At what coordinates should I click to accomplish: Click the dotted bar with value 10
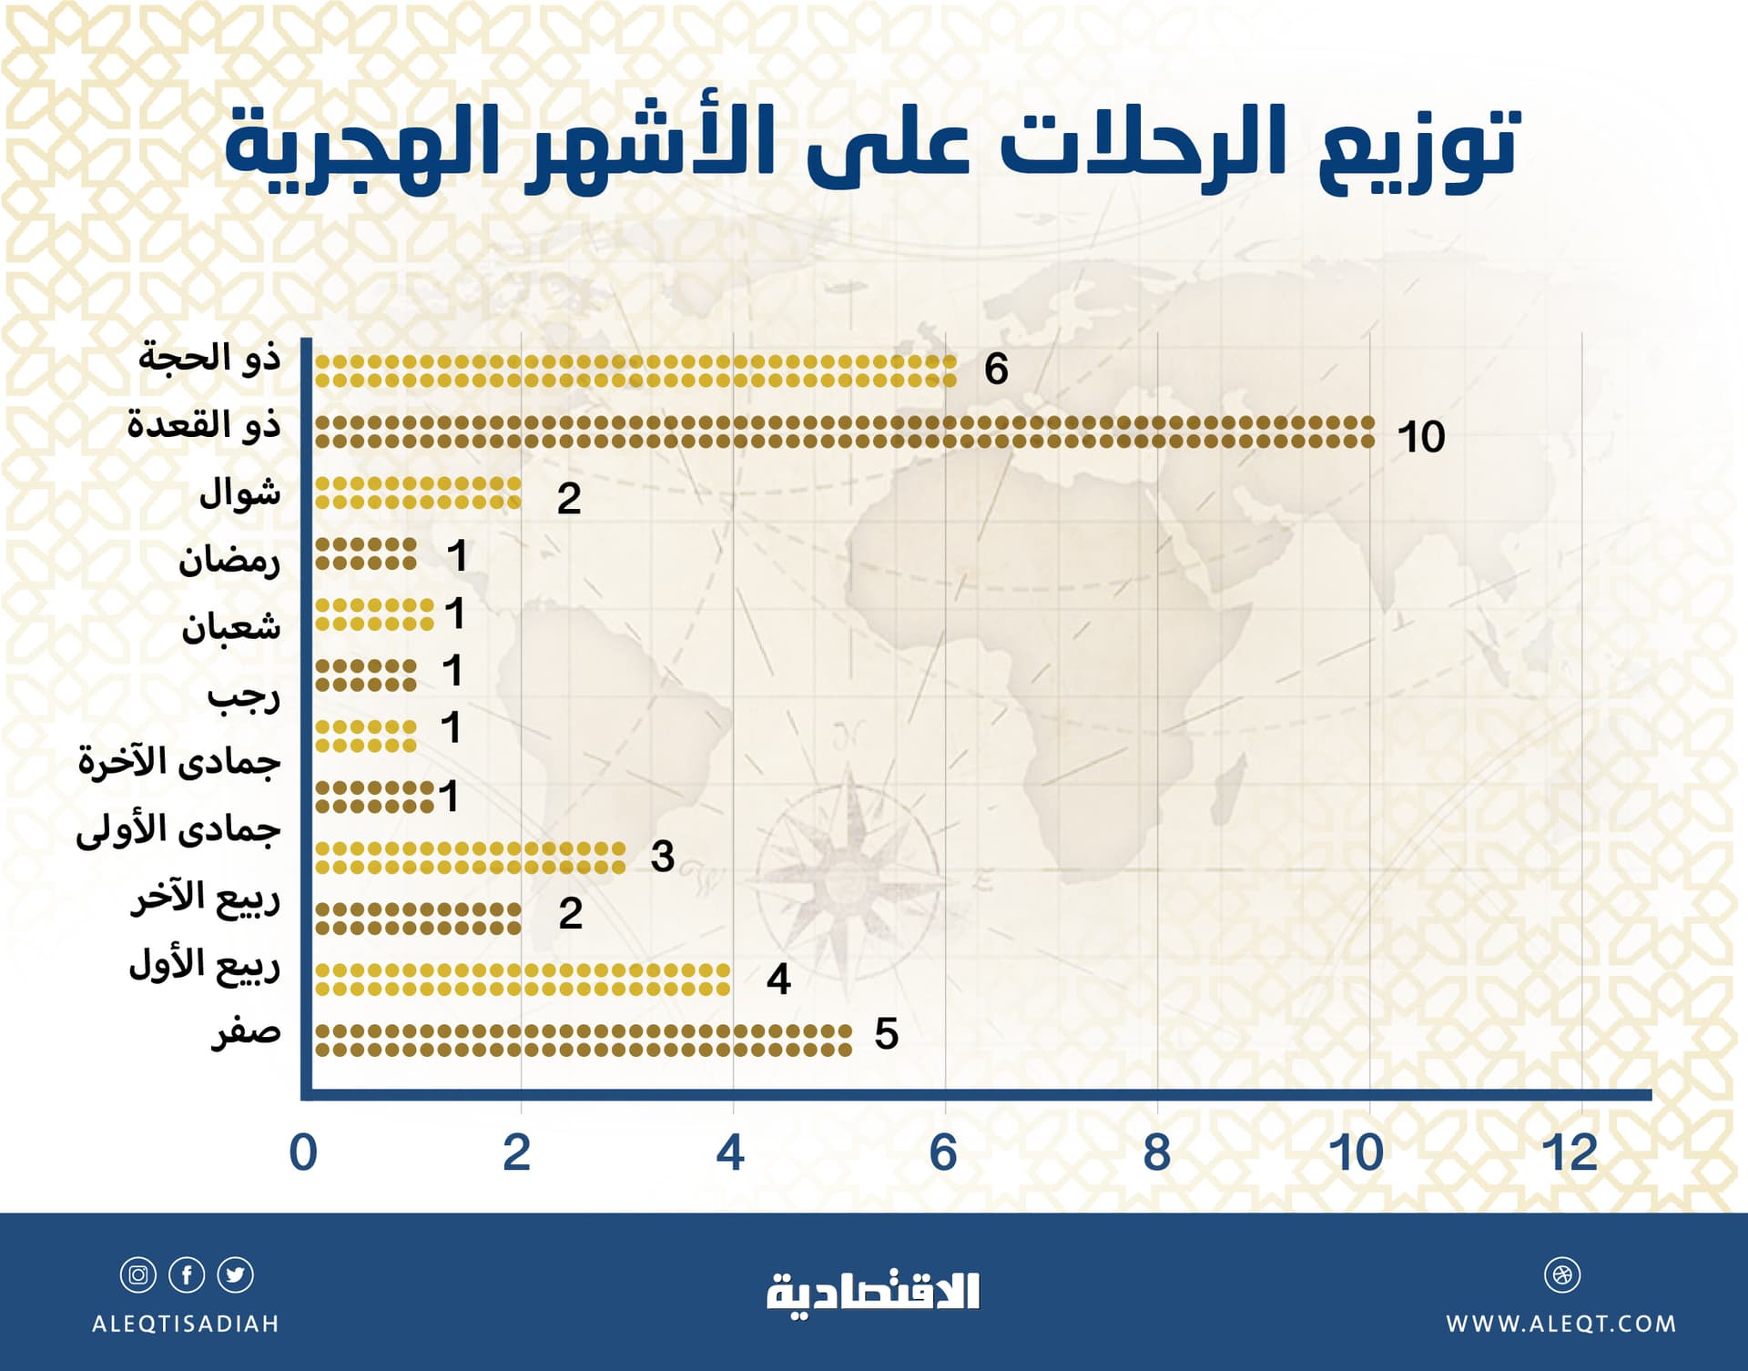click(x=844, y=432)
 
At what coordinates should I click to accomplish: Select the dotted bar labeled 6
click(x=635, y=371)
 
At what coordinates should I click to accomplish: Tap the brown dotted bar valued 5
click(x=583, y=1041)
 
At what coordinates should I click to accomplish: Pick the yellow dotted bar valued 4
click(x=523, y=980)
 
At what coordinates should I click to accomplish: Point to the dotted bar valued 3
click(x=470, y=858)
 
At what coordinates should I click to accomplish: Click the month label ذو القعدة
click(x=204, y=424)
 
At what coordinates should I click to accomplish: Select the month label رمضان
click(x=229, y=559)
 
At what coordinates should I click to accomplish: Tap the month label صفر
click(x=246, y=1032)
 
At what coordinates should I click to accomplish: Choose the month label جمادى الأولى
click(x=178, y=828)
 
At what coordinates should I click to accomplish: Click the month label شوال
click(x=239, y=493)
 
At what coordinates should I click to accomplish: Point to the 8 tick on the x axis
click(x=1156, y=1153)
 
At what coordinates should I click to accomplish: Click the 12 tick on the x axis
click(x=1570, y=1153)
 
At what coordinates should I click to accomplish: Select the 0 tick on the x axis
click(x=303, y=1153)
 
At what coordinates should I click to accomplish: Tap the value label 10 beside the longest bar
click(x=1421, y=437)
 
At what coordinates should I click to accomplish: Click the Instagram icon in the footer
click(x=138, y=1275)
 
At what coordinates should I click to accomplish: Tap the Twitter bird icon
click(x=236, y=1275)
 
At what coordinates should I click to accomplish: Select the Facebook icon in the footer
click(x=187, y=1275)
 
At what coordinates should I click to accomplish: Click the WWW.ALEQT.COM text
click(x=1561, y=1324)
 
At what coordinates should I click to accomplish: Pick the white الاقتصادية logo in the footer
click(x=873, y=1293)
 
